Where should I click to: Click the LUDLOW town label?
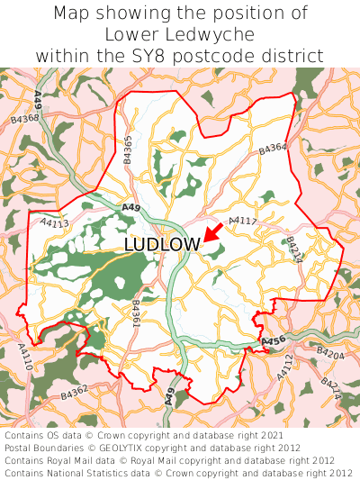coord(162,245)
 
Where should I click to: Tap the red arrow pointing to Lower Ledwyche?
coord(213,232)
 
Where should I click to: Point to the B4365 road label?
coord(128,149)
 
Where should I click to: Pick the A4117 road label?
coord(243,221)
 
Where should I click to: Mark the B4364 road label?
coord(272,149)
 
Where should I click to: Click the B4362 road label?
coord(75,393)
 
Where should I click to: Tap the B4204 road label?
coord(331,355)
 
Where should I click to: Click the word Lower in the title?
coord(134,34)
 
